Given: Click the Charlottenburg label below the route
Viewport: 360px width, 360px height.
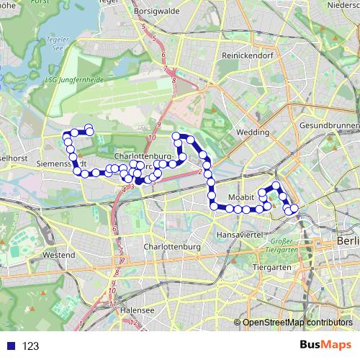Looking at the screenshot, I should pos(171,247).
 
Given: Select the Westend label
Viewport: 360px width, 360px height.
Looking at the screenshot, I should pos(59,255).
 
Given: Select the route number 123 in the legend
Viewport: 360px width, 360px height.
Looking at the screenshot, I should pos(30,346).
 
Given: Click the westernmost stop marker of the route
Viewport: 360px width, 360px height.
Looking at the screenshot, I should pos(66,135).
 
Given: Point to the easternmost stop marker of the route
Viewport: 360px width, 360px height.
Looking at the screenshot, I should pos(294,210).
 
